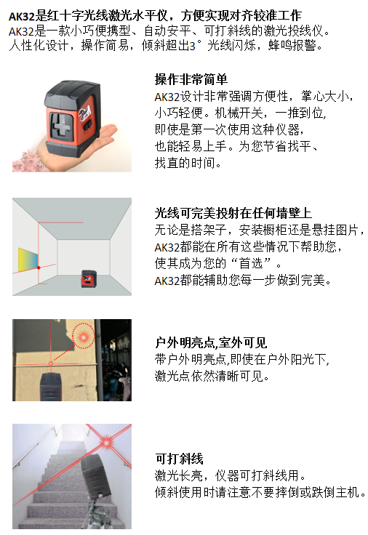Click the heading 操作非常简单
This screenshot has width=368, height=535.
[x=191, y=79]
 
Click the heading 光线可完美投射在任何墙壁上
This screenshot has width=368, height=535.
[x=233, y=213]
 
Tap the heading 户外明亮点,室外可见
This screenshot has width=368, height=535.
[x=211, y=342]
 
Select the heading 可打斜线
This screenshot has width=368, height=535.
[x=179, y=459]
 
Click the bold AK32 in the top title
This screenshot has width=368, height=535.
[x=22, y=16]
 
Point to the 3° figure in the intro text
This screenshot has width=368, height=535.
[x=195, y=46]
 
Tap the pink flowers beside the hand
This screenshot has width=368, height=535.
[x=26, y=162]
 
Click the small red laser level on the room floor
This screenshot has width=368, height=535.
[x=89, y=278]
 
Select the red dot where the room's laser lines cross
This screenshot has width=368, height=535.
[x=39, y=267]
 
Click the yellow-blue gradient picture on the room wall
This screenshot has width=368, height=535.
[x=28, y=260]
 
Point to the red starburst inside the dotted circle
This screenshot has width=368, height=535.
[x=83, y=337]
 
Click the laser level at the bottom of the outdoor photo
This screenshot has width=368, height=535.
[x=51, y=387]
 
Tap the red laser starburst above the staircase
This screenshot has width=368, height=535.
[x=106, y=442]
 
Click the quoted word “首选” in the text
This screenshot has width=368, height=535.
[x=251, y=263]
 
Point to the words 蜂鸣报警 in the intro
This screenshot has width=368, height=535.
[x=292, y=45]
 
